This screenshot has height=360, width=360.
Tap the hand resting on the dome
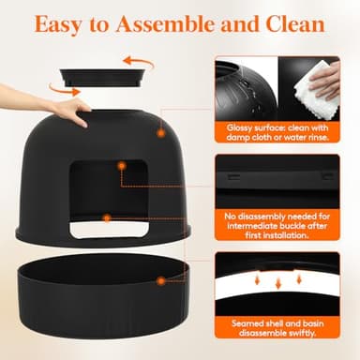[56, 105]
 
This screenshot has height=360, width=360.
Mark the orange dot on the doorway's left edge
[121, 165]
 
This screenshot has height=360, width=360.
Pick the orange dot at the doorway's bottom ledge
[106, 217]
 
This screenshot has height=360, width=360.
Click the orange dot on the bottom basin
[161, 279]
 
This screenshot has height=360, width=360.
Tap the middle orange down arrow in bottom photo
[277, 281]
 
